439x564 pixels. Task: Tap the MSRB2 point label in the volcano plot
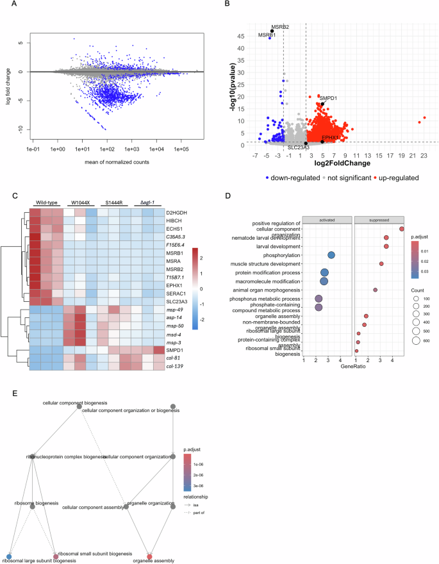[279, 27]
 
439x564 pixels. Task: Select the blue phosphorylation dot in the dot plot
[331, 255]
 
